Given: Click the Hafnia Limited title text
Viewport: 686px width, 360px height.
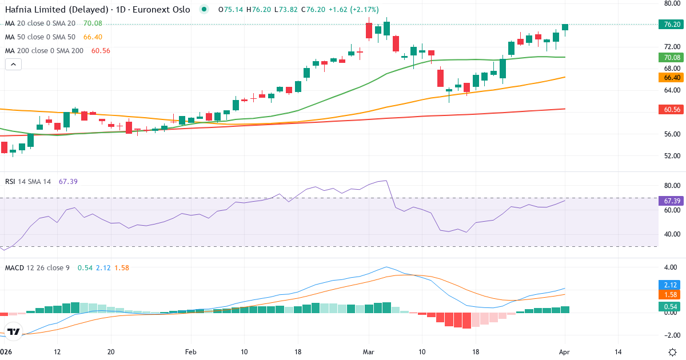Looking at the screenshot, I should pos(57,10).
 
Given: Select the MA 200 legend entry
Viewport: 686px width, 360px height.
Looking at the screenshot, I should pos(44,51).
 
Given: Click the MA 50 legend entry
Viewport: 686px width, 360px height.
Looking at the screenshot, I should pos(40,37).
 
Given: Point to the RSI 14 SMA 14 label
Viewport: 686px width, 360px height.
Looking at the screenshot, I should pos(28,182).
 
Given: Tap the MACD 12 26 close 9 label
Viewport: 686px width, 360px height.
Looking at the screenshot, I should pos(37,267).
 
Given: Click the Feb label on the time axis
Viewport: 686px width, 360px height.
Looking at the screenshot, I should pos(190,351).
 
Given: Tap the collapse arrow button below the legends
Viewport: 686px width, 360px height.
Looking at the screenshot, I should pos(13,65).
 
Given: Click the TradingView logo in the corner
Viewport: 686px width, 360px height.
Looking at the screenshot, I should pos(14,331).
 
